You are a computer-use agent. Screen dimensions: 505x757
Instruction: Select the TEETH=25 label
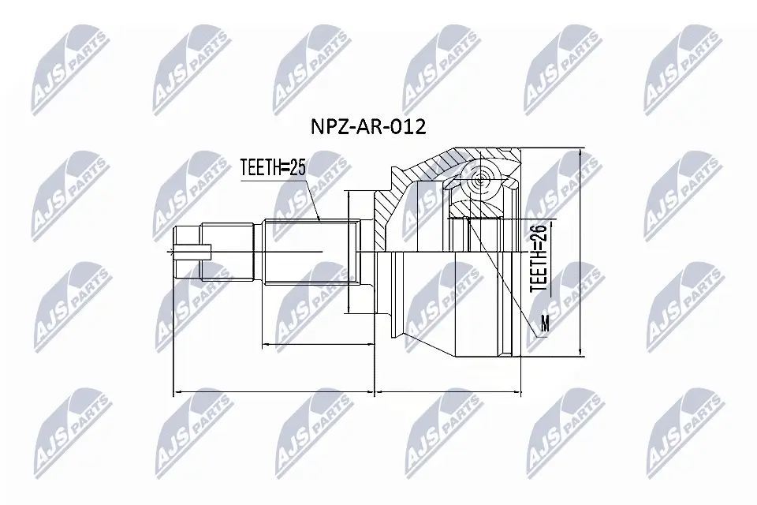coord(273,166)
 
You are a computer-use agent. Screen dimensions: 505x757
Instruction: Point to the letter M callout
coord(543,323)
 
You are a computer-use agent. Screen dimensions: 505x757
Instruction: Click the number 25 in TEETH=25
coord(296,166)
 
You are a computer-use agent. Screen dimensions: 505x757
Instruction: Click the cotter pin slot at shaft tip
coord(192,252)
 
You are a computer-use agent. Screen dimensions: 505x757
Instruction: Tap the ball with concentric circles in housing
coord(479,181)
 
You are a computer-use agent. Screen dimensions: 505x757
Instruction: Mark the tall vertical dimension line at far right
coord(580,252)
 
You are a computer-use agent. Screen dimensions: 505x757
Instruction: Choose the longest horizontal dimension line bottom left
coord(273,390)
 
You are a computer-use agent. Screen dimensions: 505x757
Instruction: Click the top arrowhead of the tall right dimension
coord(580,152)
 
